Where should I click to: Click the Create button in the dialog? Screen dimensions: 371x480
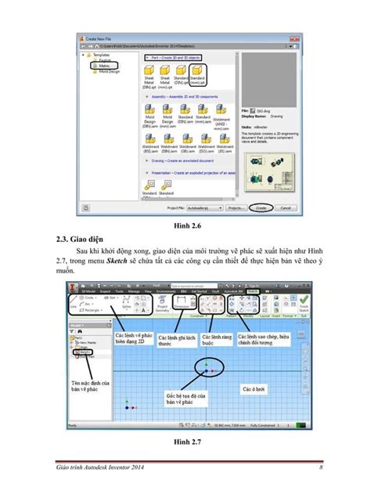(x=260, y=209)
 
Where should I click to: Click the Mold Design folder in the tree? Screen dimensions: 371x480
(x=109, y=71)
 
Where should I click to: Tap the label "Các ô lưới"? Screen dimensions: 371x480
(x=256, y=388)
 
